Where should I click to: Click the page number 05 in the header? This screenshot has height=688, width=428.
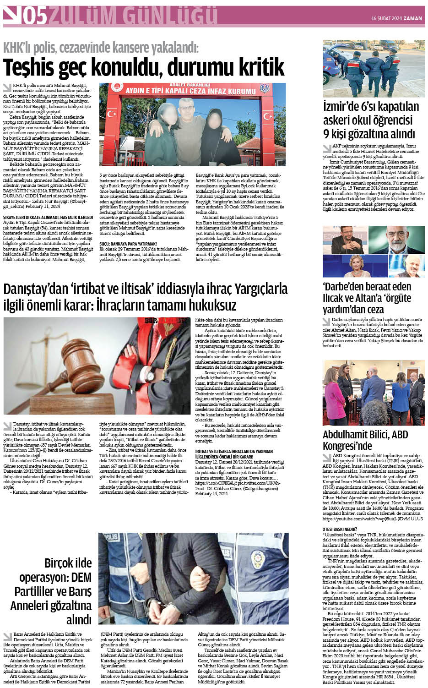click(35, 17)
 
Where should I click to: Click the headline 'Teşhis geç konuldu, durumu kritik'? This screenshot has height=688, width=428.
click(144, 68)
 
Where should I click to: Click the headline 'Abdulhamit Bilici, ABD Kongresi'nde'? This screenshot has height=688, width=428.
click(365, 440)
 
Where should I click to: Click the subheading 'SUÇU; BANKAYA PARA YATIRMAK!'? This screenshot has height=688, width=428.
click(128, 244)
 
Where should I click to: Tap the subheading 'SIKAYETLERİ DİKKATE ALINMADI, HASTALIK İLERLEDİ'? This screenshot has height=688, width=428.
click(48, 217)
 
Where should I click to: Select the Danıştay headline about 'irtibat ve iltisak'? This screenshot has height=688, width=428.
click(145, 297)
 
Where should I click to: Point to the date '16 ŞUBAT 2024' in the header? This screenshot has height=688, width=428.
click(386, 18)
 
